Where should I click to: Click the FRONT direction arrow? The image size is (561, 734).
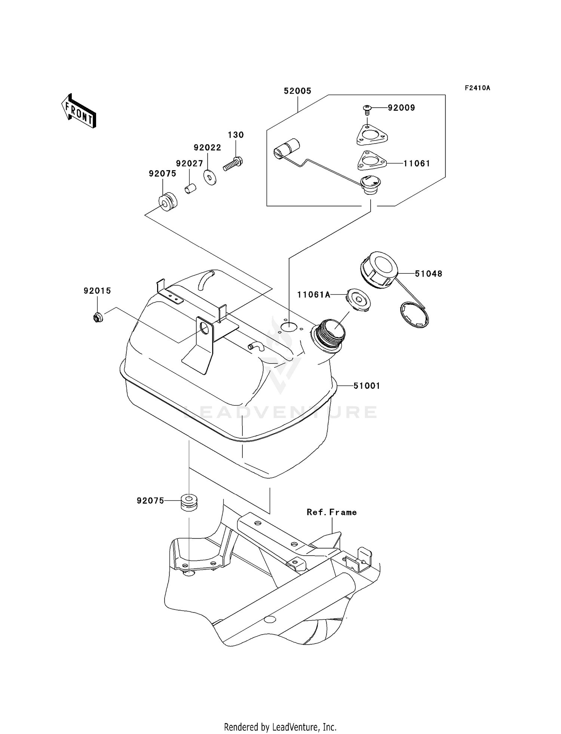[x=79, y=111]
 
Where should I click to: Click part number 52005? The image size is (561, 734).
[x=297, y=91]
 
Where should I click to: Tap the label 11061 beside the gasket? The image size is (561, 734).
[x=416, y=163]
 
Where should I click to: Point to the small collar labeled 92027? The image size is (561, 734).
[x=191, y=188]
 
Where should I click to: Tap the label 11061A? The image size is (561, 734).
[x=314, y=295]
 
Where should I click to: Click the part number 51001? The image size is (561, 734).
[x=367, y=386]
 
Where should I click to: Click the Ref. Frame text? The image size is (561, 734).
[x=331, y=512]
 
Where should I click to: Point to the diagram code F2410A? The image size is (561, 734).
[x=477, y=88]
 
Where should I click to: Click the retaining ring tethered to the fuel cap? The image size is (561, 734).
[x=414, y=315]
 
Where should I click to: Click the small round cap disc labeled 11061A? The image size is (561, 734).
[x=358, y=299]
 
